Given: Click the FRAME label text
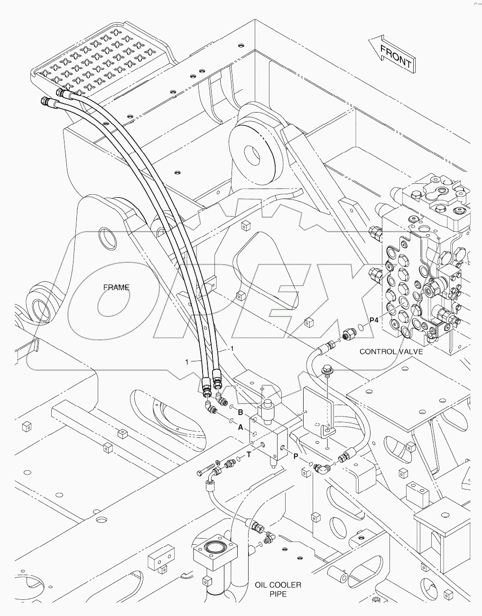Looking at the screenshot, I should point(116,287).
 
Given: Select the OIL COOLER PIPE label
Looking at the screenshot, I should point(278,589).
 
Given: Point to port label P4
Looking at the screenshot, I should point(374,320).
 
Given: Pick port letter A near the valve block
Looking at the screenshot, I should point(241,427).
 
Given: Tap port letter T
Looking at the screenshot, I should point(248,455).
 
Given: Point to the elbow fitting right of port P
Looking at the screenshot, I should point(323,469).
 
